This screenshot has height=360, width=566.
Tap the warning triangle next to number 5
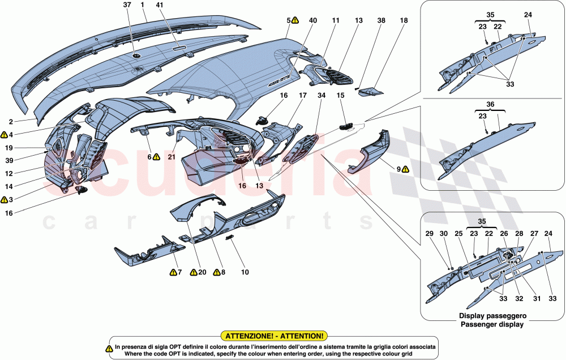tap(295, 20)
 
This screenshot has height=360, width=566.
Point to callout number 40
tap(312, 20)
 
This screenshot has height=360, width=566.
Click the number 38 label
tap(381, 20)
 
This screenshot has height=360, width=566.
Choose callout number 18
tap(403, 20)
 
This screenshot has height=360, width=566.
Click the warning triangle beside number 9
tap(405, 169)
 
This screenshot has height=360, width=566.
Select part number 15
tap(341, 96)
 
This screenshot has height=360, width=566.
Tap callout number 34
tap(322, 96)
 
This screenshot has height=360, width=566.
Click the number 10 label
tap(245, 272)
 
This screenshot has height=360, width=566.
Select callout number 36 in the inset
tap(490, 104)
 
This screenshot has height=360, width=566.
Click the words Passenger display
tap(491, 324)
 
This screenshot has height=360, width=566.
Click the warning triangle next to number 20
tap(192, 273)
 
